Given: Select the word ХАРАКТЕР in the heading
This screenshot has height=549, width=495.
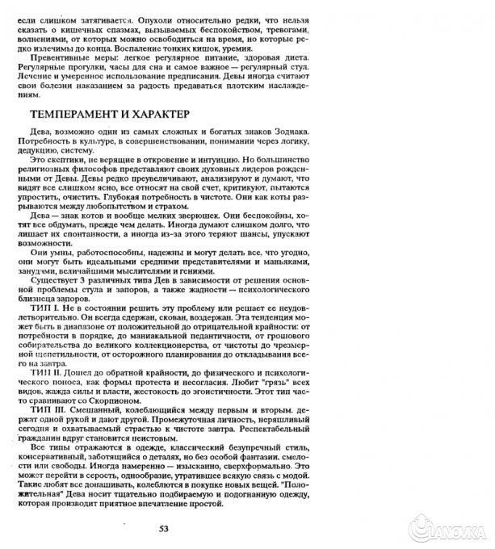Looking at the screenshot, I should tap(156, 115).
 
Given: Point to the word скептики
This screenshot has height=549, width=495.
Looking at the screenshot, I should tap(71, 159).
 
